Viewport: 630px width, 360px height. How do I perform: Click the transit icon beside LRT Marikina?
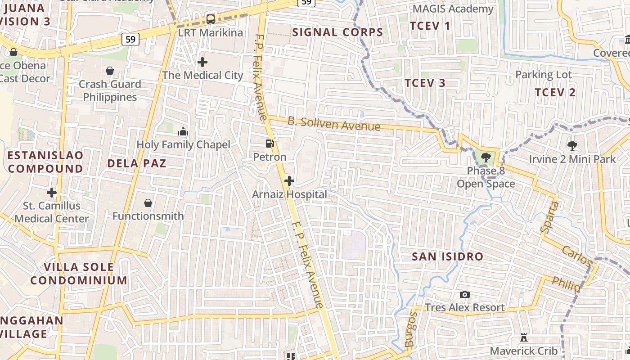tap(211, 19)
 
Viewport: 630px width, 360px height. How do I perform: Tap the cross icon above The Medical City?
tap(202, 62)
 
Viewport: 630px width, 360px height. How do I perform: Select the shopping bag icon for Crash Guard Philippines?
tap(109, 71)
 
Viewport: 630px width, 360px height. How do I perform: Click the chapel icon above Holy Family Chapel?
tap(183, 131)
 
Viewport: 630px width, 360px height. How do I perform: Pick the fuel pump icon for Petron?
tap(270, 144)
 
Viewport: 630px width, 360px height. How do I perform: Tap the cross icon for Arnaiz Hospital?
tap(289, 181)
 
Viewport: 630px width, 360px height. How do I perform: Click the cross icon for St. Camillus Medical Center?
tap(52, 193)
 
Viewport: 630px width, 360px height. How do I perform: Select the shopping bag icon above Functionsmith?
tap(148, 203)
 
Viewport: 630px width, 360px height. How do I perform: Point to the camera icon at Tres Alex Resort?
tap(465, 295)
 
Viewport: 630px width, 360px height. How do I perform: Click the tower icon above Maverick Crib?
tap(524, 337)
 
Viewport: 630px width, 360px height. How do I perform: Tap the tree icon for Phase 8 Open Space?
tap(486, 157)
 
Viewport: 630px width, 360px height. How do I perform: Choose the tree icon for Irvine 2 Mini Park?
tap(572, 146)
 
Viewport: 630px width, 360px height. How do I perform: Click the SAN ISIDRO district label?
tap(448, 257)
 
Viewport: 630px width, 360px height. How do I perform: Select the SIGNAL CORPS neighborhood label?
tap(337, 32)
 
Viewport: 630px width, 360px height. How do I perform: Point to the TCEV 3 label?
tap(425, 83)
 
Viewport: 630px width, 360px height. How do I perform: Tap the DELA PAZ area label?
tap(137, 163)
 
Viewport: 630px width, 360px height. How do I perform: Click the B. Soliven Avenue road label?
tap(334, 124)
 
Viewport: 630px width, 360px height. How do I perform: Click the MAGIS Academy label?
tap(453, 9)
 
